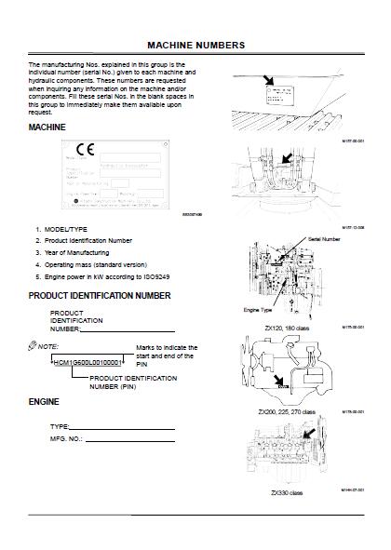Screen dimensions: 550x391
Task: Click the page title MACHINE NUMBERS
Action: coord(196,44)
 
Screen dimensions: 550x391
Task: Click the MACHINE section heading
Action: coord(47,126)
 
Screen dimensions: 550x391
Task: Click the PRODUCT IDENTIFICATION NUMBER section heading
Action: coord(100,295)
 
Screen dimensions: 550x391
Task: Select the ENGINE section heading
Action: coord(45,403)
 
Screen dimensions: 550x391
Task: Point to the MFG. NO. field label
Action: coord(66,436)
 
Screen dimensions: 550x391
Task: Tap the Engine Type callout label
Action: coord(258,309)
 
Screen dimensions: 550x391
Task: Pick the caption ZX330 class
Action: coord(287,491)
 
